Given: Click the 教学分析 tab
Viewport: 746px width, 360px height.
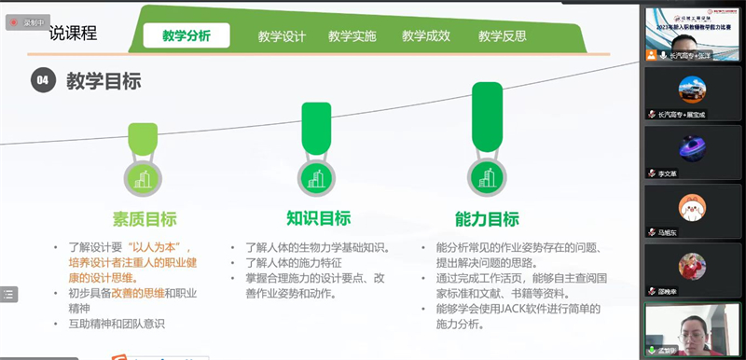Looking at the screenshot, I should [186, 36].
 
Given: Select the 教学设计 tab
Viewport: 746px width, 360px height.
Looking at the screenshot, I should [282, 36].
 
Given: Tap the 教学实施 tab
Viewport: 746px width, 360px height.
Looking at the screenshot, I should [352, 36].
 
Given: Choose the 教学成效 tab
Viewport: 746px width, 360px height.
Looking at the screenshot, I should [426, 36].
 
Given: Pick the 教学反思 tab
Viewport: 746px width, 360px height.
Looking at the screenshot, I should [502, 36].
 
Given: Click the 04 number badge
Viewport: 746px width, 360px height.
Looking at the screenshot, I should [42, 81].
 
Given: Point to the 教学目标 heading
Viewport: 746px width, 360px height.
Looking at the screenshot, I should [104, 81].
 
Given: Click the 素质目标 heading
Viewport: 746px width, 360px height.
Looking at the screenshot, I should [145, 219].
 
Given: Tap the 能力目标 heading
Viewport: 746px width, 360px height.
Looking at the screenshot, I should [486, 219].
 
